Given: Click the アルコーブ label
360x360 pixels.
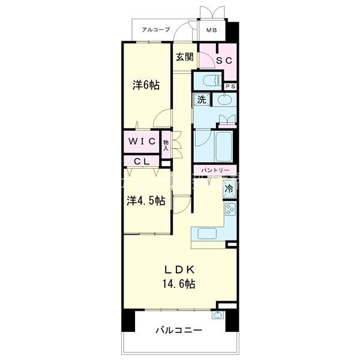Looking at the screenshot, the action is pyautogui.click(x=155, y=29).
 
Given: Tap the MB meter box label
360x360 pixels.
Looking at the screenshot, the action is pyautogui.click(x=211, y=30).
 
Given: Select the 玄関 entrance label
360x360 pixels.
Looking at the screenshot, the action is pyautogui.click(x=185, y=57).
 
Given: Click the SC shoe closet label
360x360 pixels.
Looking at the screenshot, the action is pyautogui.click(x=224, y=61).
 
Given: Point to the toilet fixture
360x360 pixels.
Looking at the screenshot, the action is pyautogui.click(x=212, y=80).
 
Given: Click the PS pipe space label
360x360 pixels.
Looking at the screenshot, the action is pyautogui.click(x=230, y=86).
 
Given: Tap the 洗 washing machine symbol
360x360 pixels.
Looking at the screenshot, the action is pyautogui.click(x=202, y=100).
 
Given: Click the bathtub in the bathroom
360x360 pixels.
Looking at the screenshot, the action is pyautogui.click(x=224, y=146).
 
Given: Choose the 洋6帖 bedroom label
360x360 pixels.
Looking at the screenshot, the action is pyautogui.click(x=146, y=85).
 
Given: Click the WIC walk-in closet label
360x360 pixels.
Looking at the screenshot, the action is pyautogui.click(x=142, y=141).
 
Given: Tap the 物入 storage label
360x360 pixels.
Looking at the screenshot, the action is pyautogui.click(x=166, y=145).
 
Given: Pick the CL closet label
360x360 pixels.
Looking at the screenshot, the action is pyautogui.click(x=142, y=161).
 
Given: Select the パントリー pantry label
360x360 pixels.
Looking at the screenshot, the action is pyautogui.click(x=215, y=170).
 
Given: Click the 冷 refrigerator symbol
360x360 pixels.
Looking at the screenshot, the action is pyautogui.click(x=229, y=189).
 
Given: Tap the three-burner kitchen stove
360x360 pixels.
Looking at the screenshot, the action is pyautogui.click(x=230, y=209).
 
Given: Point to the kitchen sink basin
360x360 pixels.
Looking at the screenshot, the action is pyautogui.click(x=207, y=234).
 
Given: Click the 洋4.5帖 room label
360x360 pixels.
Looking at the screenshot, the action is pyautogui.click(x=146, y=201).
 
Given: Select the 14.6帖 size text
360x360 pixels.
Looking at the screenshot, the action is pyautogui.click(x=179, y=284).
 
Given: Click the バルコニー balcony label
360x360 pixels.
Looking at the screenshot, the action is pyautogui.click(x=179, y=331).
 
